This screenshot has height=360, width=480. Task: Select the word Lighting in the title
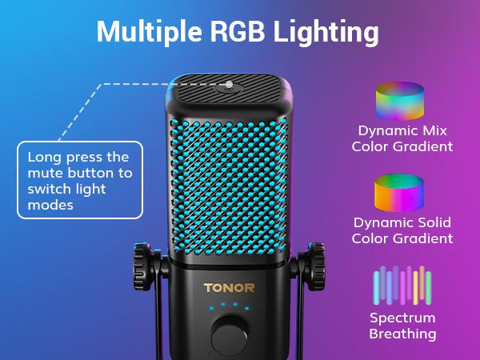(x=326, y=33)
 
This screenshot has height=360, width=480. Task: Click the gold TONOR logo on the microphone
(x=229, y=288)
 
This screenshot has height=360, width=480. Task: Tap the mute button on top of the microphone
(x=229, y=88)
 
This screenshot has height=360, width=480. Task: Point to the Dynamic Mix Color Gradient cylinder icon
(x=400, y=101)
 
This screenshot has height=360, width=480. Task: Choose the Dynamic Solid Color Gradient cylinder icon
(x=399, y=193)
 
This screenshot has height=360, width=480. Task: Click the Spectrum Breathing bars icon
(x=402, y=286)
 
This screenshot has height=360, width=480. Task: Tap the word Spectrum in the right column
(x=402, y=318)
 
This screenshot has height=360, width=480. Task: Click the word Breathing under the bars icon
(x=402, y=334)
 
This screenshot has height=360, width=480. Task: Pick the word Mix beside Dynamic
(x=434, y=130)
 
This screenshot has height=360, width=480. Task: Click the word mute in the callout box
(x=46, y=174)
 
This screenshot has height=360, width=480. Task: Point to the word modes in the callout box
(x=50, y=205)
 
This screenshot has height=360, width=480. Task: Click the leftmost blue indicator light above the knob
(x=211, y=308)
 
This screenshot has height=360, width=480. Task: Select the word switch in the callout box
(x=50, y=189)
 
